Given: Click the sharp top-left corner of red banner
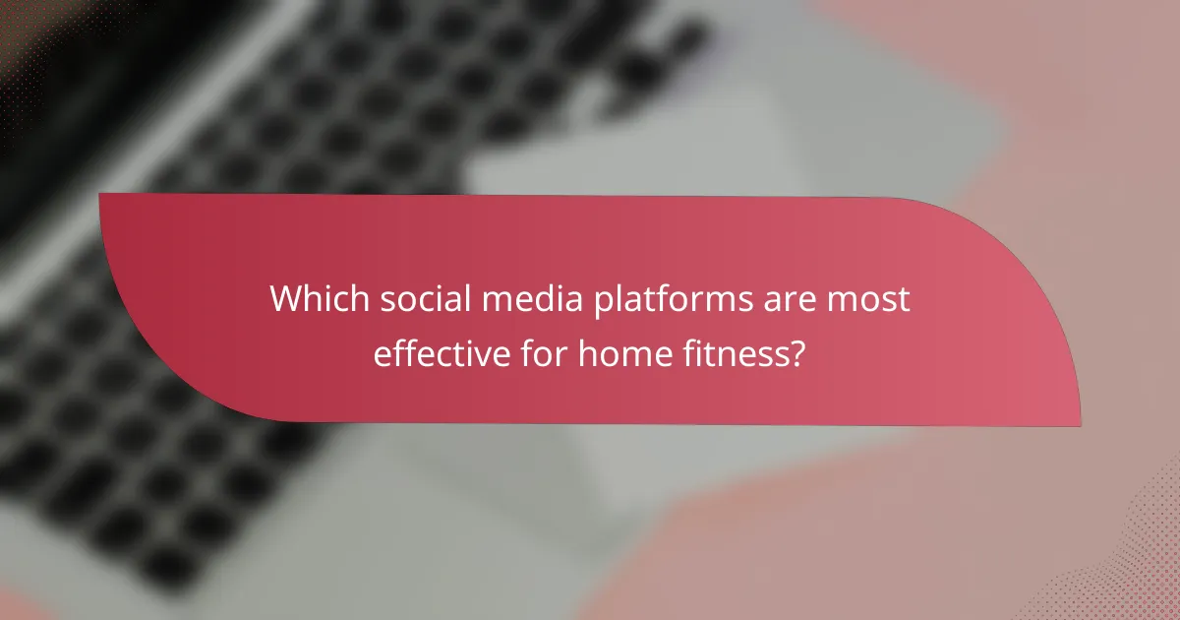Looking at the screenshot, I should [x=100, y=195].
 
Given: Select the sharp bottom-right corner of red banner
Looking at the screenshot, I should [x=1079, y=425].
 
